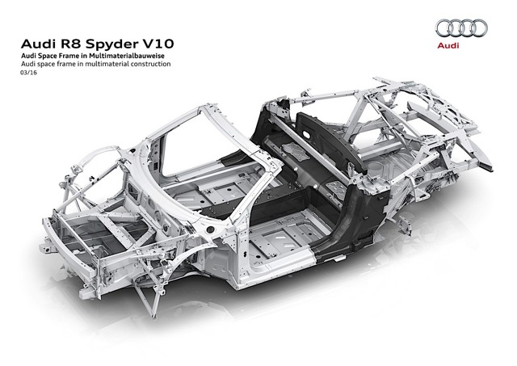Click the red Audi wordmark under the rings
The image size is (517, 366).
pos(448,45)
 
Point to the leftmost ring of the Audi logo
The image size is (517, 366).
pos(444,28)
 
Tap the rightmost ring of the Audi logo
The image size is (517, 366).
pos(479,28)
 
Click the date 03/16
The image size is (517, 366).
pos(29,73)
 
